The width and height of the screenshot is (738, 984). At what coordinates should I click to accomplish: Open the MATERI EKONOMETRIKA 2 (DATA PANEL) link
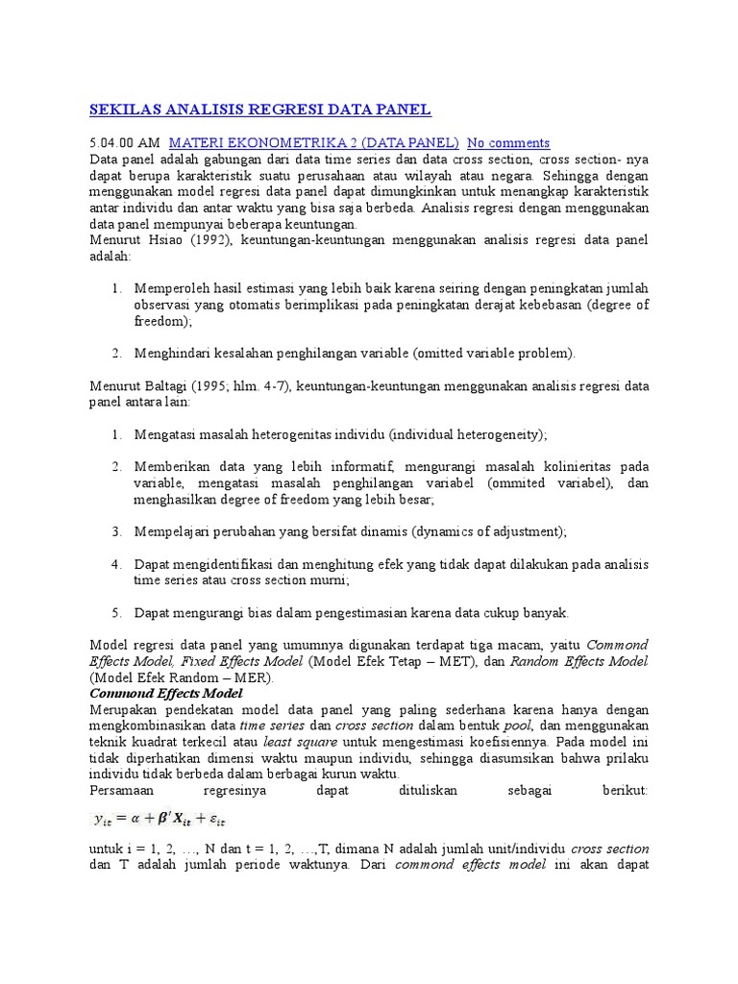pos(314,142)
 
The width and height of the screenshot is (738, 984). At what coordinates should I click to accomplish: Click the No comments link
pos(508,142)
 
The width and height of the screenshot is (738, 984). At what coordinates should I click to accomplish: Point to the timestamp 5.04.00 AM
pos(125,142)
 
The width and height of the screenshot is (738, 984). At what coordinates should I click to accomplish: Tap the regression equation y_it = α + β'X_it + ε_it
pos(159,819)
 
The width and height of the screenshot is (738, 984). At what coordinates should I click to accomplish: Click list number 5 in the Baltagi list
pos(115,612)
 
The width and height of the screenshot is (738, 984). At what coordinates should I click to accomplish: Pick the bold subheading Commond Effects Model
pos(166,693)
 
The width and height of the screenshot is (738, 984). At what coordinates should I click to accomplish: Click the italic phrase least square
pos(296,742)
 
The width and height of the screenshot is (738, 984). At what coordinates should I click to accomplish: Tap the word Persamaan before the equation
pos(124,790)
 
